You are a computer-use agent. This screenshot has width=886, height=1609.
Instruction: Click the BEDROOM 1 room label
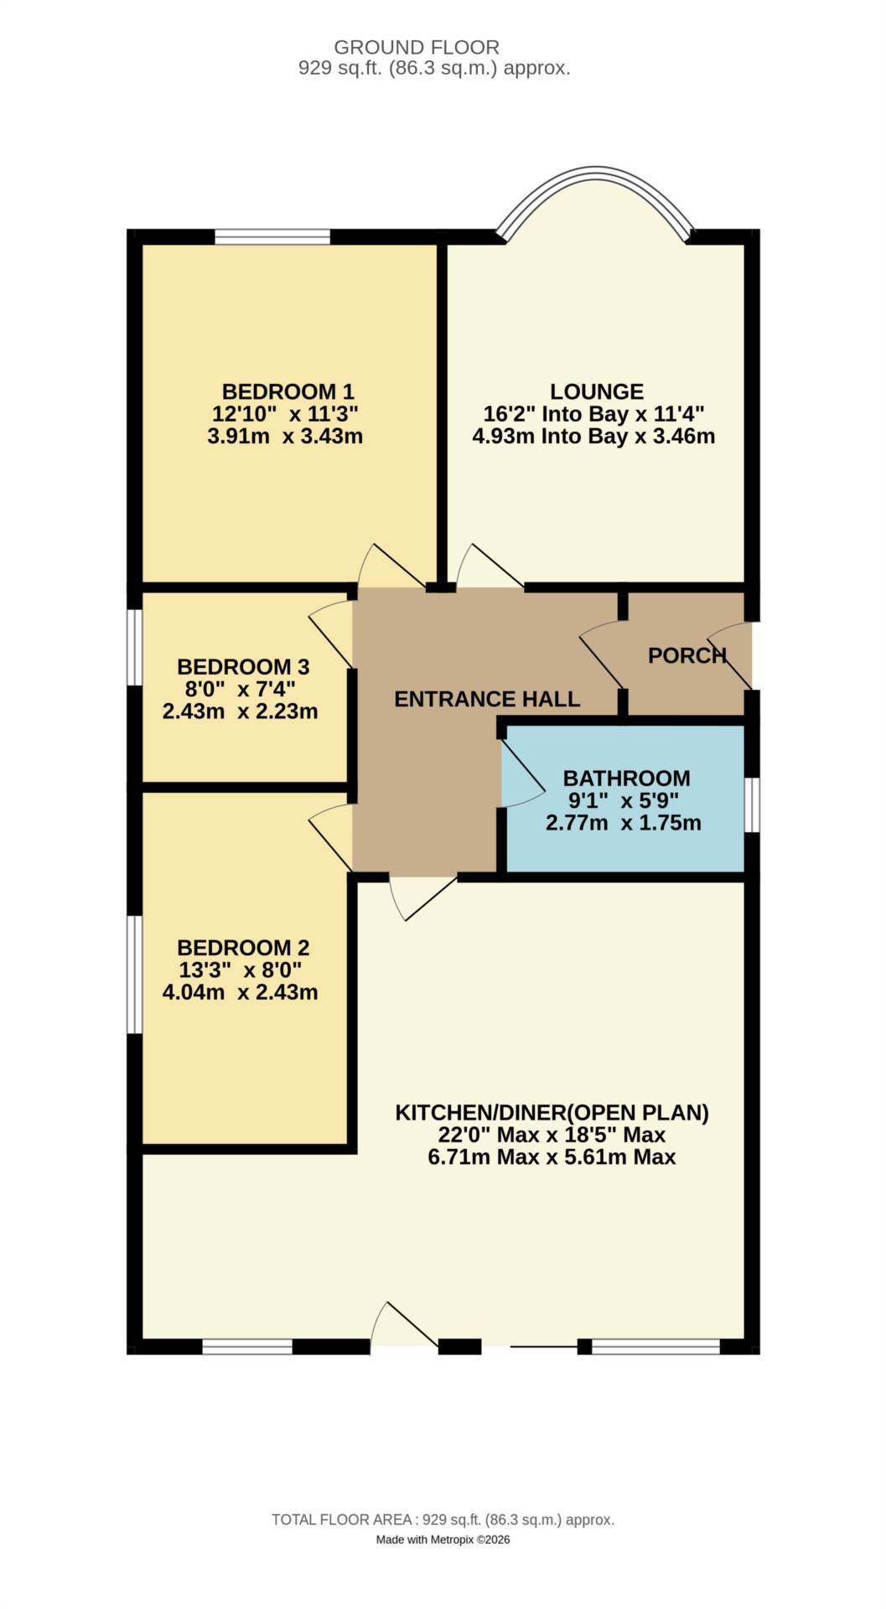pos(288,391)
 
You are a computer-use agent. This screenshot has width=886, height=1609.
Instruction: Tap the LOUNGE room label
pos(597,391)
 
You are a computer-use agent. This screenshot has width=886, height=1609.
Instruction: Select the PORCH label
pos(687,655)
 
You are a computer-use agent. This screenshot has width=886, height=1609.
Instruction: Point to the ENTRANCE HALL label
pos(487,699)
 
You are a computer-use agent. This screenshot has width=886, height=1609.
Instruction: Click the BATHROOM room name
pos(626,779)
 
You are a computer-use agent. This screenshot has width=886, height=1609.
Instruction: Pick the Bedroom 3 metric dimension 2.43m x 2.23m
pos(240,711)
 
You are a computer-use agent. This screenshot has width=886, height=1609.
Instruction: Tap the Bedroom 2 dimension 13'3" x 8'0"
pos(240,970)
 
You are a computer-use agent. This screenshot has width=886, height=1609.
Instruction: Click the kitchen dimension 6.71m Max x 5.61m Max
pos(552,1157)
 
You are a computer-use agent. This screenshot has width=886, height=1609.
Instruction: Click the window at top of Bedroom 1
pos(272,237)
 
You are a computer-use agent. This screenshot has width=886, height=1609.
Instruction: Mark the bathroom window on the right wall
pos(752,804)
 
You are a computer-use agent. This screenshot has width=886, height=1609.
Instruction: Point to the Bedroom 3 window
pos(134,647)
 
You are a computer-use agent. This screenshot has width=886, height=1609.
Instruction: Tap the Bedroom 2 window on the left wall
pos(134,974)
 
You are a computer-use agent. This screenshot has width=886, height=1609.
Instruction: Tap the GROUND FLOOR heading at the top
pos(417,47)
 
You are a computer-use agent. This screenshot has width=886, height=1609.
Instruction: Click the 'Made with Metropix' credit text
pos(443,1539)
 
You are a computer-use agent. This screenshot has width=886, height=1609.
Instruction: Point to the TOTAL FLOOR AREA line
pos(443,1519)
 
